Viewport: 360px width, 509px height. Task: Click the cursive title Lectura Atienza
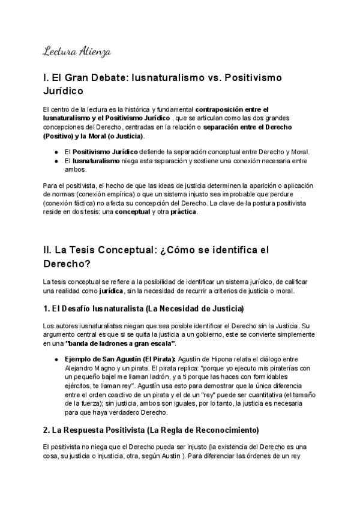click(76, 52)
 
